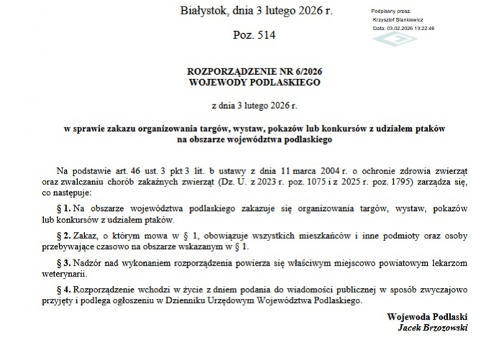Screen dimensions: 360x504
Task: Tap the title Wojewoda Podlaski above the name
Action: (x=427, y=317)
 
